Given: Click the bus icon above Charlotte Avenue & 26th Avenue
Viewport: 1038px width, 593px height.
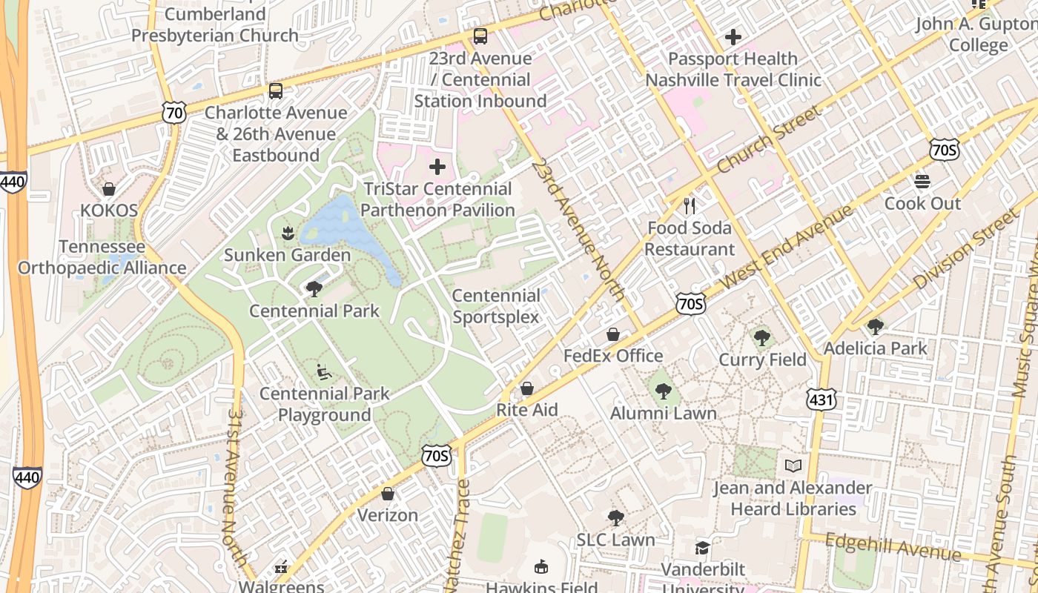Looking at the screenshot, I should click(276, 91).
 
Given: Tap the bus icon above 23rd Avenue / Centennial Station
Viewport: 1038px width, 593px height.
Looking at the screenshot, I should click(480, 36).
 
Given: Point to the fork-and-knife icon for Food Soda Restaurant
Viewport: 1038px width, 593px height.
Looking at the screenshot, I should click(690, 205).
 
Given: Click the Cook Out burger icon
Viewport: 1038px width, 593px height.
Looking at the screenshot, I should click(922, 182).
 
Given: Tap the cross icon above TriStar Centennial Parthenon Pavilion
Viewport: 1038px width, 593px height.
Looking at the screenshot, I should click(437, 167).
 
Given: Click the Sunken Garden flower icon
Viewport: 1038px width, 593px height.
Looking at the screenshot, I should click(287, 233).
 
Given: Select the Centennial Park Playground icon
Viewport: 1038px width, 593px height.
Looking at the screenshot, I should click(324, 371).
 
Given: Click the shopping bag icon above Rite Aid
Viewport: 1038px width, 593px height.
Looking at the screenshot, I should click(526, 388).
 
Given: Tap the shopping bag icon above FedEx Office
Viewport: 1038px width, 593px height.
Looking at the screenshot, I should click(613, 334).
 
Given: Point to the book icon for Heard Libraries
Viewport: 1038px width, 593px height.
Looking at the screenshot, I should click(793, 466).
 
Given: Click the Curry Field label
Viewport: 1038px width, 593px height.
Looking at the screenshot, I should click(762, 360).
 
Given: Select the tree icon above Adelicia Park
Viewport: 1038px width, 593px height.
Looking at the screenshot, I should click(876, 326).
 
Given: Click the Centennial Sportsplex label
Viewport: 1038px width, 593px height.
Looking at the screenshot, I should click(496, 306).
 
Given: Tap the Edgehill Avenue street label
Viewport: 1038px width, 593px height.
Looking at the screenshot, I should click(893, 547).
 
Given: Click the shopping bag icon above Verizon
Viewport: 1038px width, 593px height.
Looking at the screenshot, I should click(387, 494).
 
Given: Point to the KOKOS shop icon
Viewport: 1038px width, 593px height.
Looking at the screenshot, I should click(109, 189).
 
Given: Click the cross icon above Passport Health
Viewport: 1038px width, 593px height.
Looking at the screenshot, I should click(733, 36).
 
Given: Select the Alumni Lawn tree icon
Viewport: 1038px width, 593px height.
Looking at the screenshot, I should click(663, 391).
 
